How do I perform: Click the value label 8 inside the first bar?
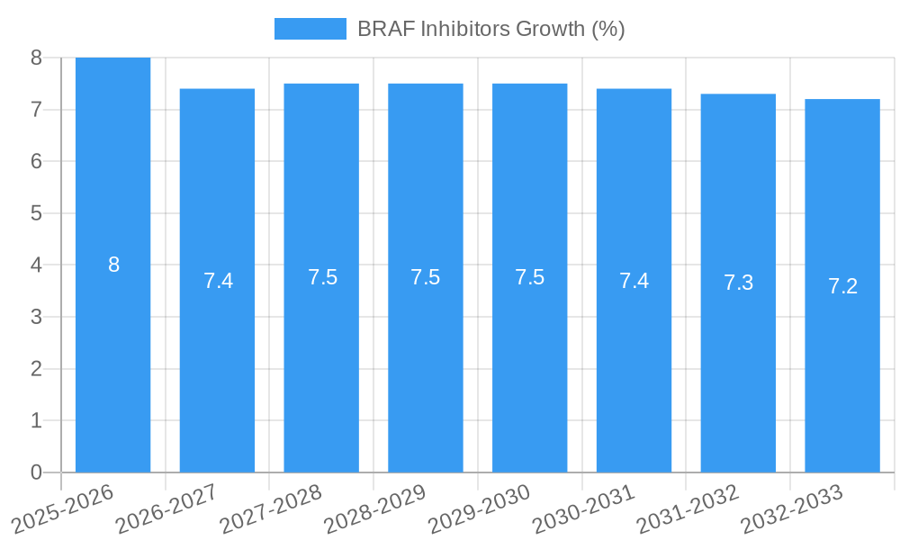pos(113,265)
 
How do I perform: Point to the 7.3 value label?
pos(738,283)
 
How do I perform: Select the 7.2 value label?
pos(842,286)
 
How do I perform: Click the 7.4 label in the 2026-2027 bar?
pos(218,280)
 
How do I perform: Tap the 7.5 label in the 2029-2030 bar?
pos(529,277)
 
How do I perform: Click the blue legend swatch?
pos(310,29)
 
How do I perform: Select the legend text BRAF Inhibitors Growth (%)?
pos(490,29)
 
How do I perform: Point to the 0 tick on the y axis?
pos(36,472)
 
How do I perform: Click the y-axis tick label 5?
pos(36,213)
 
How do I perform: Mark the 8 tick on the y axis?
pos(36,58)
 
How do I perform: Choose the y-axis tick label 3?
pos(36,317)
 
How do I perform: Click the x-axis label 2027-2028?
pos(271,508)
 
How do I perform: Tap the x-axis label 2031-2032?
pos(688,508)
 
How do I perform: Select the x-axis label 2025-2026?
pos(63,508)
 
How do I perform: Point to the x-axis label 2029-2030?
pos(479,508)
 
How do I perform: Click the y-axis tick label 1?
pos(36,420)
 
